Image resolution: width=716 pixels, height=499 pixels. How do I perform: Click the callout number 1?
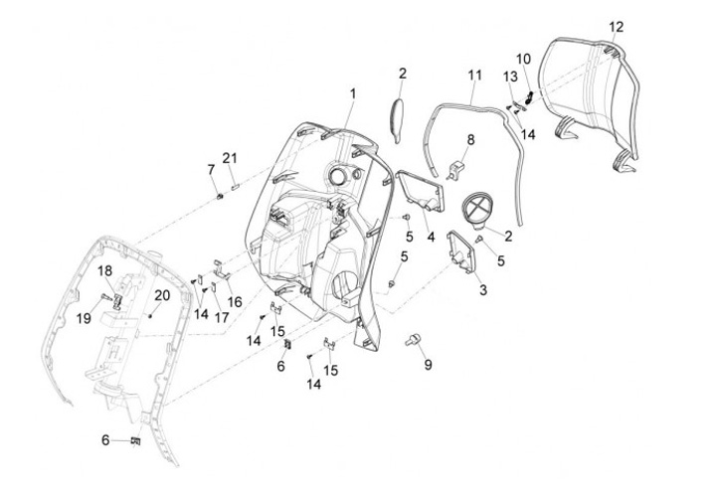351,92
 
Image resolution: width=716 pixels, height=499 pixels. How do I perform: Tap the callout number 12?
617,26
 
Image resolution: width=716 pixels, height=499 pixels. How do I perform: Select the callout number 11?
474,75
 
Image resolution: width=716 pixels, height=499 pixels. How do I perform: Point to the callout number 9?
429,365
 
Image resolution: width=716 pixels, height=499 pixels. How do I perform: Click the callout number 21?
230,158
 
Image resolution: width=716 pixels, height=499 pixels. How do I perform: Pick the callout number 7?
211,170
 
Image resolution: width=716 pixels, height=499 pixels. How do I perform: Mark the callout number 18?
104,270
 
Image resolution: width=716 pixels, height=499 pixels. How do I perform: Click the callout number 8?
470,139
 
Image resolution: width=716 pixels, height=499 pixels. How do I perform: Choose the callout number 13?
509,77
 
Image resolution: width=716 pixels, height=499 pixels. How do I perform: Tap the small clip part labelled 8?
460,168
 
